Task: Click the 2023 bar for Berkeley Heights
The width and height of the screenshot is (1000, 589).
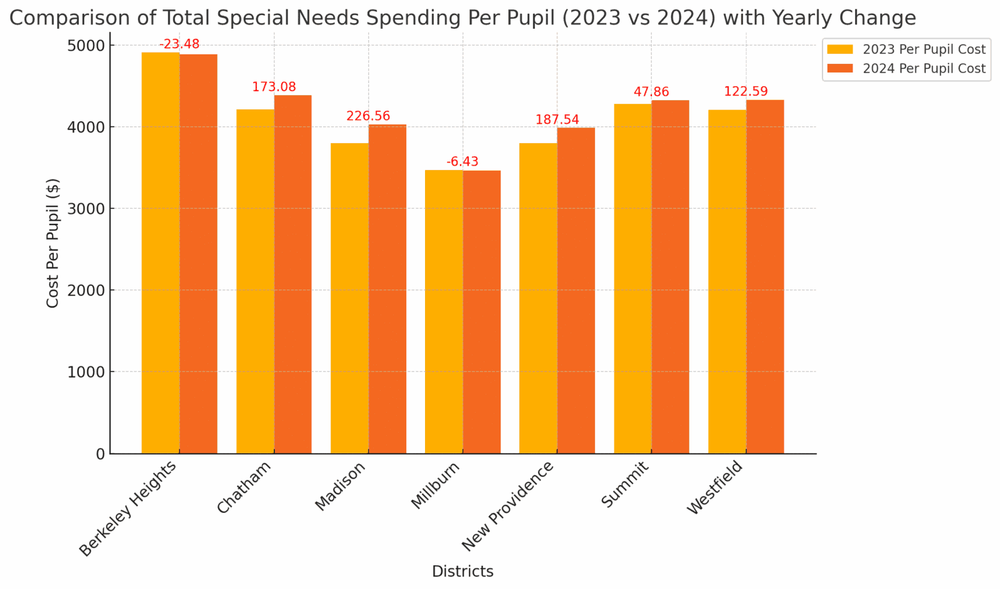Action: pyautogui.click(x=161, y=253)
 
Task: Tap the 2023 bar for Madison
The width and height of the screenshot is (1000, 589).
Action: pyautogui.click(x=349, y=298)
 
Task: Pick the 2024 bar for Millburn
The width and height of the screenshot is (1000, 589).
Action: pyautogui.click(x=481, y=312)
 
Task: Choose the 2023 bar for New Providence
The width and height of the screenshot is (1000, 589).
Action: pyautogui.click(x=538, y=298)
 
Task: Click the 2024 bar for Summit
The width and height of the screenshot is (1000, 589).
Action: pyautogui.click(x=670, y=276)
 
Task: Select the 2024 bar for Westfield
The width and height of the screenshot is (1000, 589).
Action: pyautogui.click(x=764, y=276)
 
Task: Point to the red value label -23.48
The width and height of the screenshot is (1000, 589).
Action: pyautogui.click(x=179, y=44)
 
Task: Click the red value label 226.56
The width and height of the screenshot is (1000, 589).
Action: pyautogui.click(x=368, y=116)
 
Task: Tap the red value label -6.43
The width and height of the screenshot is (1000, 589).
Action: pyautogui.click(x=462, y=162)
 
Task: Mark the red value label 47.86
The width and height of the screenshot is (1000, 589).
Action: pyautogui.click(x=651, y=93)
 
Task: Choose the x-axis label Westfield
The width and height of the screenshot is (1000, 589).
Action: pyautogui.click(x=715, y=487)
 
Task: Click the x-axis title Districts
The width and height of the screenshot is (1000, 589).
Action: pyautogui.click(x=462, y=571)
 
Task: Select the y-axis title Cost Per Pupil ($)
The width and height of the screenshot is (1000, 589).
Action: pyautogui.click(x=52, y=243)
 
